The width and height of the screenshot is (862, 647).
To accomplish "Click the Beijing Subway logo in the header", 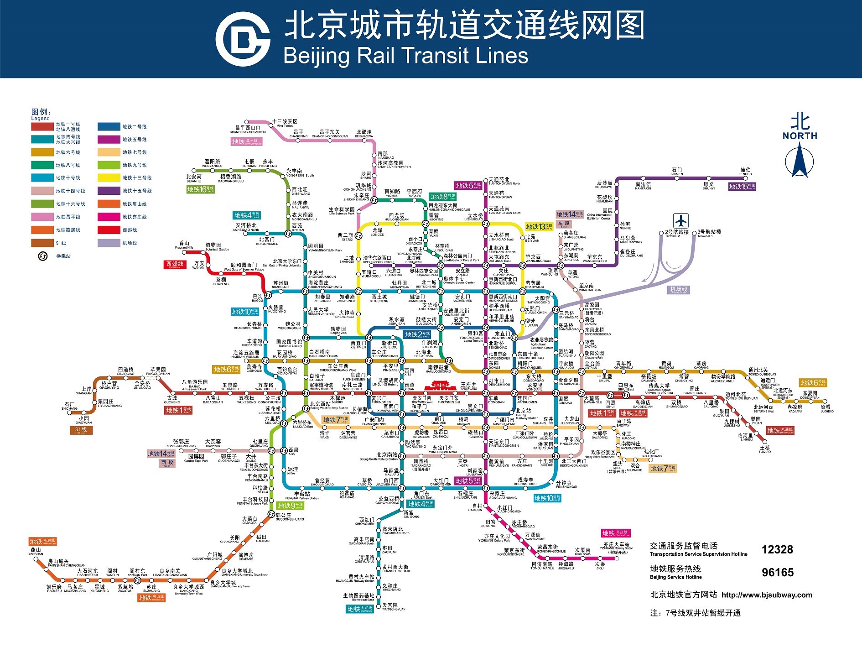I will (243, 39).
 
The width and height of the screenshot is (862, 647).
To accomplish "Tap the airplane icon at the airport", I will (681, 221).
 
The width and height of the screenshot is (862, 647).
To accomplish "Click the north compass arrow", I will (800, 160).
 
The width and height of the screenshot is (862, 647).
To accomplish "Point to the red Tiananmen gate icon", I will (440, 386).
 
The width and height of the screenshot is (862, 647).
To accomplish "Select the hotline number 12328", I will (777, 549).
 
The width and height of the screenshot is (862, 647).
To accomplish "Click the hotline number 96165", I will (777, 572).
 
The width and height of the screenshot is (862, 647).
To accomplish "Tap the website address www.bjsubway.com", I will (767, 595).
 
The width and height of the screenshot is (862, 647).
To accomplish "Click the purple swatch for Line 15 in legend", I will (109, 191).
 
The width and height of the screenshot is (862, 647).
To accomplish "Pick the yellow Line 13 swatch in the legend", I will (109, 178).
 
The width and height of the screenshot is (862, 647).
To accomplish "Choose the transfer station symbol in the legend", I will (42, 256).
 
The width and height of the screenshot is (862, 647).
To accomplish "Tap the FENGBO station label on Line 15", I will (745, 172).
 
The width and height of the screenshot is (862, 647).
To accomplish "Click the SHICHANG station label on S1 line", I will (70, 406).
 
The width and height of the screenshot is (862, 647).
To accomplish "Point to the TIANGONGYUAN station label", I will (394, 607).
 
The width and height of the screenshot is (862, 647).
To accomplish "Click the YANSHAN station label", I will (36, 552).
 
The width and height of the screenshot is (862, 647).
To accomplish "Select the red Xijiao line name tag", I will (175, 265).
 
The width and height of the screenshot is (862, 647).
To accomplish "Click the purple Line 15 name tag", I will (742, 187).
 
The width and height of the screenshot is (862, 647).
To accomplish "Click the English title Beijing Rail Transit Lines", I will (405, 56).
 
